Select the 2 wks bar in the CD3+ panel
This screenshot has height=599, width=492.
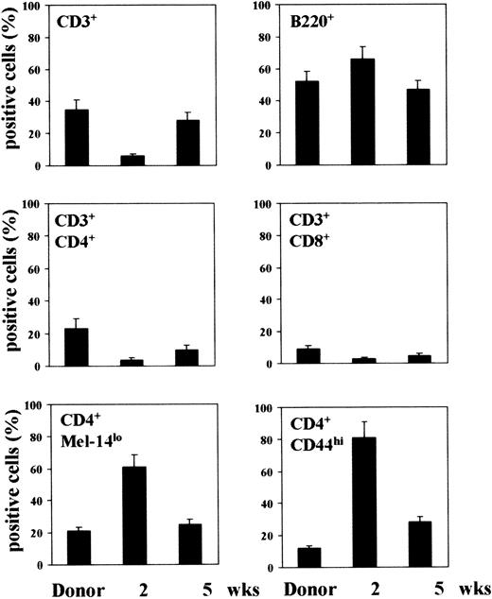tap(138, 161)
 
